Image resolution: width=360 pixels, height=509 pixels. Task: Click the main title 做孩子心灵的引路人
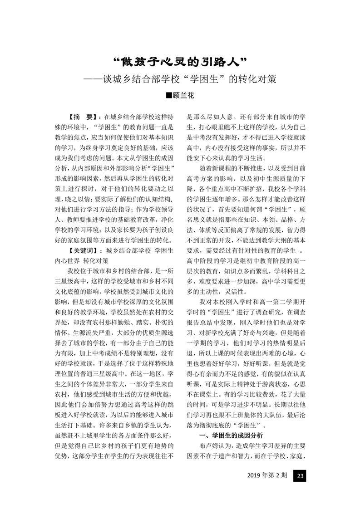tap(180, 61)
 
